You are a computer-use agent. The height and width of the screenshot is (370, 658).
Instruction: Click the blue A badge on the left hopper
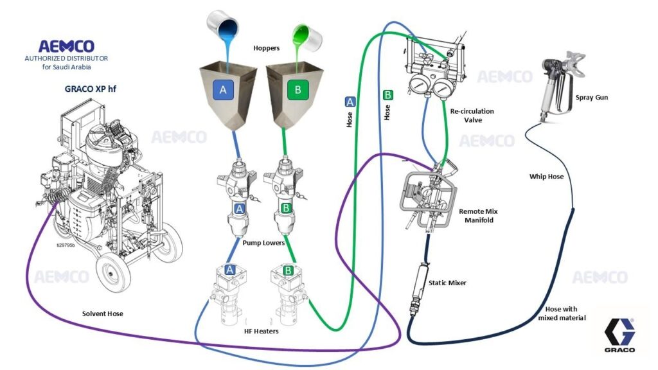point(223,91)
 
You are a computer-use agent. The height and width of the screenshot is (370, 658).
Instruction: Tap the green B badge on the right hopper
point(298,91)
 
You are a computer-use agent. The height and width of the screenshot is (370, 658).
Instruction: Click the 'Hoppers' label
point(266,48)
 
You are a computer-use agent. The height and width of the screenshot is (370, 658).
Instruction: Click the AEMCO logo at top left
point(66,46)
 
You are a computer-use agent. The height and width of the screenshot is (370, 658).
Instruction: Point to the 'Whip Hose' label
point(546,175)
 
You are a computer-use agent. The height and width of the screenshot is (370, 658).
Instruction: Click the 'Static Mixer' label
point(447,283)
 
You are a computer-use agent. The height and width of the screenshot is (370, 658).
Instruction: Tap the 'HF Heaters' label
point(260,332)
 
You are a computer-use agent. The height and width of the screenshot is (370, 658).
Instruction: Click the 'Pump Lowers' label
point(264,243)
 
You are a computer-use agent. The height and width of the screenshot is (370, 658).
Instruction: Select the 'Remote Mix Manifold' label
point(479,215)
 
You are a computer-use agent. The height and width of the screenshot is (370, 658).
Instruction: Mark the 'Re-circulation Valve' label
point(472,116)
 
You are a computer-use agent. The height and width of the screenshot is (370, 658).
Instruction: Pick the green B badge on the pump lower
point(287,207)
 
